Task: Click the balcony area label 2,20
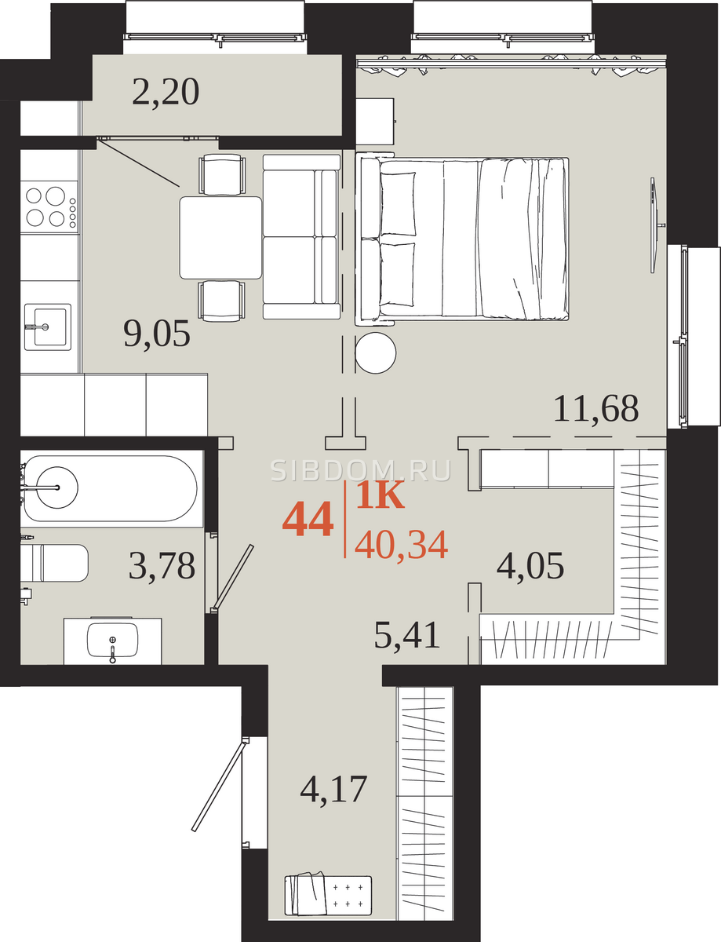point(166,92)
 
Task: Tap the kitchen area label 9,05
point(157,333)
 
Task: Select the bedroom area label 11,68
point(595,408)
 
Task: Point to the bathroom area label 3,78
point(162,565)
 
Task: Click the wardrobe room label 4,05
point(530,565)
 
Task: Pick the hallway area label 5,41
point(407,634)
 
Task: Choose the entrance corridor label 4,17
point(333,789)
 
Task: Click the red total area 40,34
point(401,545)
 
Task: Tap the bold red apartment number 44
point(308,518)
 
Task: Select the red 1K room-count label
point(381,495)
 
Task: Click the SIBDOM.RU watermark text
point(361,470)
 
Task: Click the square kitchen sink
point(48,327)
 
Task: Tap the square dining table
point(220,238)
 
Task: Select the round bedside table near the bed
point(376,353)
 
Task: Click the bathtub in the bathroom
point(110,488)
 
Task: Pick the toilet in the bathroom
point(55,563)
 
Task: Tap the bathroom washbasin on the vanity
point(113,640)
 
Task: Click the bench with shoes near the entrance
point(328,896)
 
